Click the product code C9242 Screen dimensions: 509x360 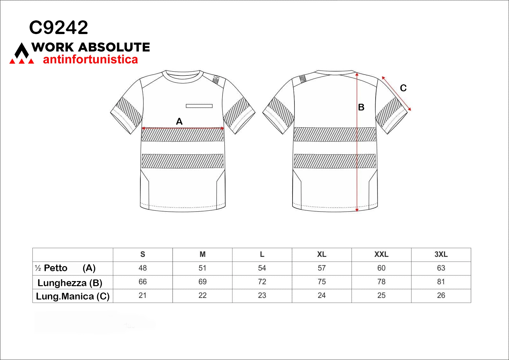tap(59, 27)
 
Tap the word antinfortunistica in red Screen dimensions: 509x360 tap(90, 59)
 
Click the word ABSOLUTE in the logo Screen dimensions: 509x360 tap(114, 47)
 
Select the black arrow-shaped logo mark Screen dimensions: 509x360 tap(22, 51)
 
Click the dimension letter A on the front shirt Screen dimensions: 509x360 tap(179, 122)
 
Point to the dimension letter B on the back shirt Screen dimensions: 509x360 tap(361, 107)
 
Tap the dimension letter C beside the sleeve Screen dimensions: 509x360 tap(403, 88)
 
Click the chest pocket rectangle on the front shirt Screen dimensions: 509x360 tap(199, 106)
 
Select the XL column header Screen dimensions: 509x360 tap(322, 254)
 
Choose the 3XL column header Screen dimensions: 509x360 tap(441, 254)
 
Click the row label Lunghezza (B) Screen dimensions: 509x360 tap(70, 283)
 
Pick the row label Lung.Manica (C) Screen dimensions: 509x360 tap(73, 296)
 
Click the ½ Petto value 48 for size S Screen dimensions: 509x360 tap(143, 268)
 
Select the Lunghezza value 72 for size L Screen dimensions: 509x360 tap(262, 282)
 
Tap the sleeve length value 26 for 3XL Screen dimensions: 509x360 tap(441, 295)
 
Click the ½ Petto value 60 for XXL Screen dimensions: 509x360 tap(381, 268)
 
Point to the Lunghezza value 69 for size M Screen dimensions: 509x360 tap(202, 282)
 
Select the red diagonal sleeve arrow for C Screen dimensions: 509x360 tap(396, 94)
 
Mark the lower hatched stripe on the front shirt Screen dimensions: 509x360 tap(182, 161)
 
